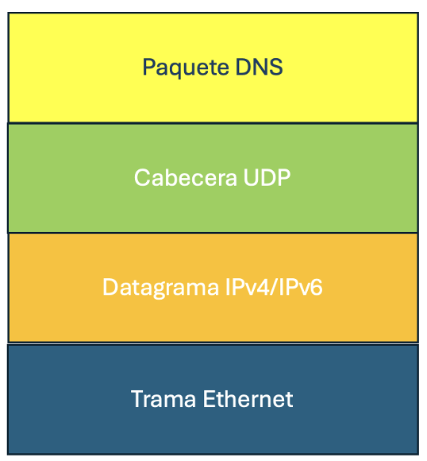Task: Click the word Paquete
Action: coord(186,68)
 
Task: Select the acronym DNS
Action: coord(259,67)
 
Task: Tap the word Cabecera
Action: coord(185,177)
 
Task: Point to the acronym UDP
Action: coord(267,177)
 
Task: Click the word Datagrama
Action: coord(160,288)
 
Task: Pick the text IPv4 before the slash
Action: coord(247,287)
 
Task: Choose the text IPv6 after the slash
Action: coord(301,287)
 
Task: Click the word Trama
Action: coord(163,399)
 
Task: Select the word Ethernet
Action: coord(248,399)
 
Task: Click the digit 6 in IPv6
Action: coord(315,287)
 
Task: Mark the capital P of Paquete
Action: coord(148,67)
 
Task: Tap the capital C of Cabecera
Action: coord(142,177)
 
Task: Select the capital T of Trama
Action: coord(138,399)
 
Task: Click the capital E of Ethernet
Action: coord(210,399)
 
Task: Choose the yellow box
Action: coord(213,68)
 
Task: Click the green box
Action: coord(213,178)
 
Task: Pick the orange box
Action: coord(213,288)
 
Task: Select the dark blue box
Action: coord(213,400)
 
